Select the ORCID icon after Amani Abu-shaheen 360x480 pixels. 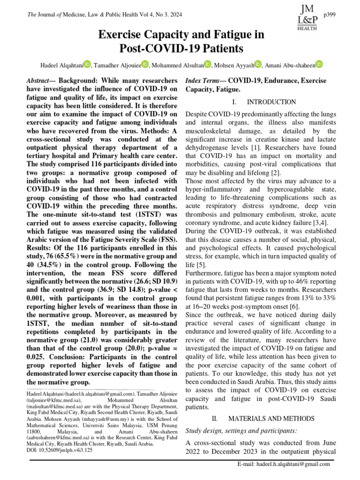click(319, 64)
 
